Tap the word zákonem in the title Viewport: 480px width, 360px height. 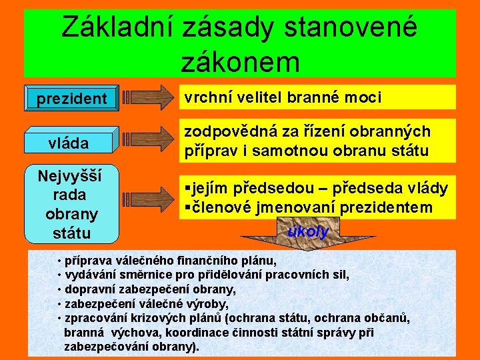[239, 61]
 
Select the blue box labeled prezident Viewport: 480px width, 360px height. [71, 99]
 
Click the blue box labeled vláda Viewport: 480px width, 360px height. [71, 143]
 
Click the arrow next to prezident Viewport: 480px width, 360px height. [147, 97]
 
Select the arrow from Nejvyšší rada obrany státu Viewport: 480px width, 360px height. [147, 198]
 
